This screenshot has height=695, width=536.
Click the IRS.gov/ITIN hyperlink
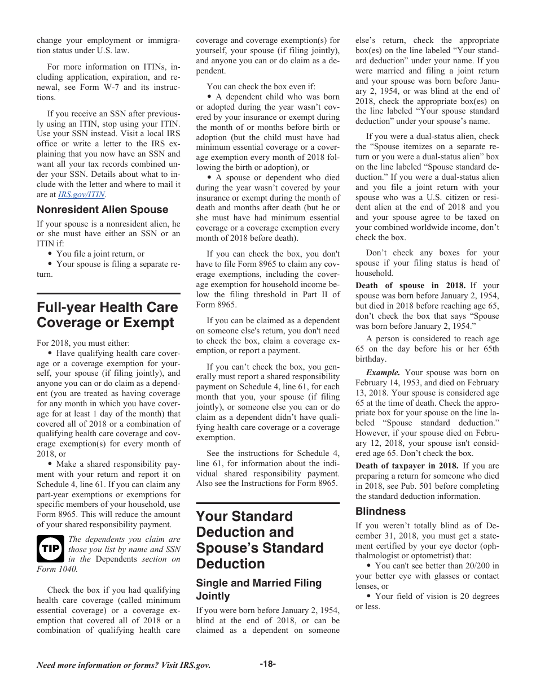[x=81, y=194]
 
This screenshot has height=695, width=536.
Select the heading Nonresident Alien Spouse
[x=102, y=210]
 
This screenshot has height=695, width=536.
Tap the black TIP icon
[x=50, y=549]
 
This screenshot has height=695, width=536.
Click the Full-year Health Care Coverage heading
[x=107, y=315]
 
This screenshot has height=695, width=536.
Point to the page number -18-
[x=267, y=664]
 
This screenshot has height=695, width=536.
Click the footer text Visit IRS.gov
[x=181, y=665]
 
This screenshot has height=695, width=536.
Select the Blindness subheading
[x=380, y=511]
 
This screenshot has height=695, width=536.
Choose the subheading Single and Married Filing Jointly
[x=258, y=589]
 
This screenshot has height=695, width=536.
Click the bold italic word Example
[x=383, y=372]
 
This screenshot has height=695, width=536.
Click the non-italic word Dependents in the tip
[x=116, y=559]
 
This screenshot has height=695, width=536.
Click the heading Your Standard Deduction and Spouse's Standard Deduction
[x=260, y=540]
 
